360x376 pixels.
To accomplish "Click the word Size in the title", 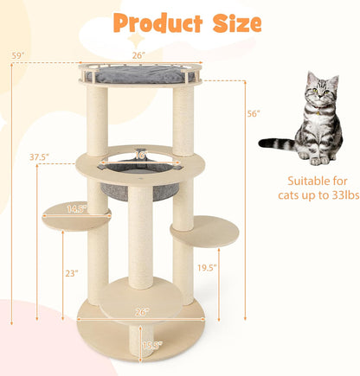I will point(230,23).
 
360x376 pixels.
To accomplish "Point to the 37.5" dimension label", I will point(37,157).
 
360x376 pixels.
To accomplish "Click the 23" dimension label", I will point(71,273).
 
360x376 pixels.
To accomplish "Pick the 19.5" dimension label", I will point(228,268).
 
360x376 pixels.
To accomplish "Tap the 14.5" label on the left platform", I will point(76,209).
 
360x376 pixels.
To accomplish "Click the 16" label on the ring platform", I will point(141,156).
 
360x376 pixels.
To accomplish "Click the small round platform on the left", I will point(76,216).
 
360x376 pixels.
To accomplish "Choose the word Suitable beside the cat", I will point(295,181).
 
